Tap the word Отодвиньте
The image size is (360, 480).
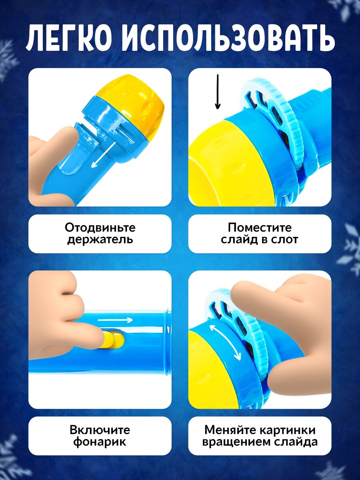(x=100, y=228)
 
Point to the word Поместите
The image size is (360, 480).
(x=260, y=228)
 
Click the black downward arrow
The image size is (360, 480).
(x=218, y=92)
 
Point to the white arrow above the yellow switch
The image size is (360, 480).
(x=115, y=320)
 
